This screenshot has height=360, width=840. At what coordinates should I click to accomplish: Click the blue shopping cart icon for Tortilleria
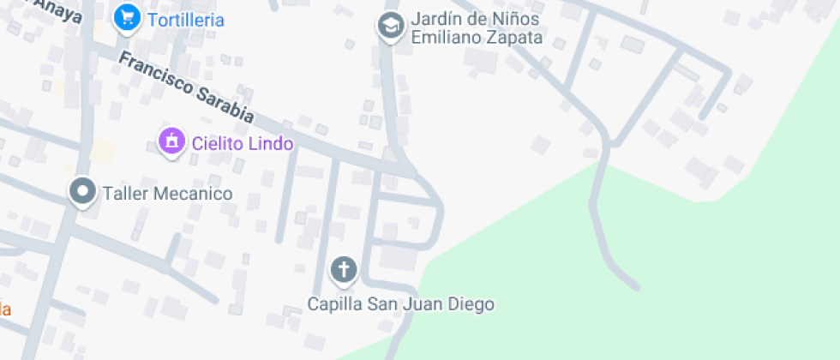click(127, 17)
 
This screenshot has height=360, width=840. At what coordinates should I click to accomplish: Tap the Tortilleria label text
click(186, 20)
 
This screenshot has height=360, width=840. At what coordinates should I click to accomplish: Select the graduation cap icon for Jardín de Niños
click(391, 27)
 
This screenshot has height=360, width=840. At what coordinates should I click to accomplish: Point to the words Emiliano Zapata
click(477, 38)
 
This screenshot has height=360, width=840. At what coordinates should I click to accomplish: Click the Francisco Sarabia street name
click(186, 87)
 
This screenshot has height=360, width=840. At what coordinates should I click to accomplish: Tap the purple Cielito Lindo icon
click(171, 141)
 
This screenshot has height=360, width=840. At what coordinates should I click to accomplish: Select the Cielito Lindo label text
click(243, 143)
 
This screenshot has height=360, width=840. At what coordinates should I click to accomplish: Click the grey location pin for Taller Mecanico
click(83, 192)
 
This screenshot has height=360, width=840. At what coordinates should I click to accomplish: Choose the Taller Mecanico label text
click(168, 194)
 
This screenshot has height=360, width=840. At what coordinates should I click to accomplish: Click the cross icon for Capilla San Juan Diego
click(344, 271)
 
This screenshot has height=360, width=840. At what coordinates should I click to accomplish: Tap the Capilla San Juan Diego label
click(401, 303)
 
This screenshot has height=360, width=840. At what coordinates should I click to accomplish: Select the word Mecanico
click(193, 194)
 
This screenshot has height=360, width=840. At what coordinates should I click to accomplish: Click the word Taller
click(126, 194)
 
